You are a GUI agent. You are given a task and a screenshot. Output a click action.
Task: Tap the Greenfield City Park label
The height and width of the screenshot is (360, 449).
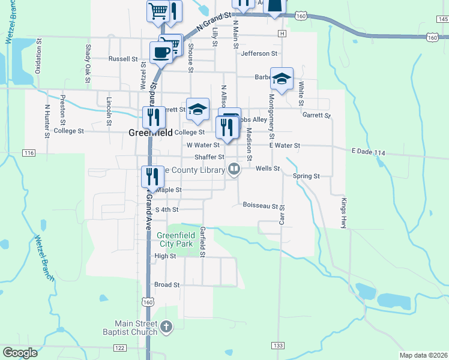(x=175, y=239)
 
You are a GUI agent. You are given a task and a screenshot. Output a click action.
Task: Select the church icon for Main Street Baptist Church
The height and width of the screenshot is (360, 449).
(x=166, y=327)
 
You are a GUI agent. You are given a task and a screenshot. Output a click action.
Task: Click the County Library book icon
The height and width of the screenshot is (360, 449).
(x=234, y=170)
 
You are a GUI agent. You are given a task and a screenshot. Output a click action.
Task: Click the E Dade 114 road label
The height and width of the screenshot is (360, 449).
(x=368, y=154)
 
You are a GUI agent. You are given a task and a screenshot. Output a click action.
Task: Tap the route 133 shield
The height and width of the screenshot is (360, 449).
(x=277, y=346)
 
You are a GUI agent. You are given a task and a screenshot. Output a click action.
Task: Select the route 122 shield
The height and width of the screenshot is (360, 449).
(x=120, y=348)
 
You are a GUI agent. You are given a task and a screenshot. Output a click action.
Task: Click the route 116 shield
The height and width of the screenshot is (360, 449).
(x=29, y=154)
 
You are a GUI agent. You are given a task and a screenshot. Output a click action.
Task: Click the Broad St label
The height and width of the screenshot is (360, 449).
(x=167, y=285)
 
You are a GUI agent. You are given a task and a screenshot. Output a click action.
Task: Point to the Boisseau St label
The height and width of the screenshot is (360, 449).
(x=260, y=205)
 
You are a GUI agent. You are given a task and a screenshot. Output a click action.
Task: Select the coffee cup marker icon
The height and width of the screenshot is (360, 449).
(x=161, y=52)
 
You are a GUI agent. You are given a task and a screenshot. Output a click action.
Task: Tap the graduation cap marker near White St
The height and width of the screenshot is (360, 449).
(x=281, y=78)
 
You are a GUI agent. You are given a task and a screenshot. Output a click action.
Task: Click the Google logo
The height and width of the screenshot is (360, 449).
(x=20, y=353)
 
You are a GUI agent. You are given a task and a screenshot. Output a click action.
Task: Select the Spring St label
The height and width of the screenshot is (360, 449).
(x=306, y=176)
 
